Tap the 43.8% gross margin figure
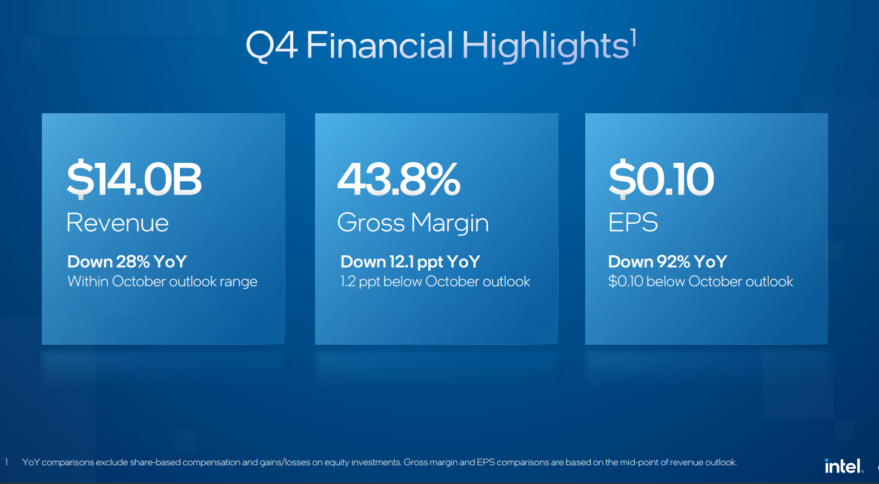coord(399,179)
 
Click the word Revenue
coord(118,223)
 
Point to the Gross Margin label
coord(413,223)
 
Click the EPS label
coord(633,222)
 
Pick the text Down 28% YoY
coord(127,261)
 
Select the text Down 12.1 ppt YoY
coord(411,262)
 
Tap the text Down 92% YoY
coord(668,261)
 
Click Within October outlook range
coord(162,281)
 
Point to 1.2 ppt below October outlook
coord(435,282)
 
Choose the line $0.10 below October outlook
coord(700,281)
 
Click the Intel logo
coord(844,466)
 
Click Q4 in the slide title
coord(271,46)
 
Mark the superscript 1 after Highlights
coord(633,38)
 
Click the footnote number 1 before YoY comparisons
coord(6,462)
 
